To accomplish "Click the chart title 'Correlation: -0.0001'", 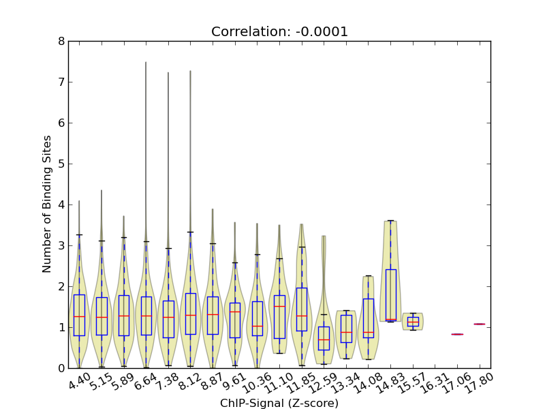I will pos(279,31).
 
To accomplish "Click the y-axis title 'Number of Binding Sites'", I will pos(47,204).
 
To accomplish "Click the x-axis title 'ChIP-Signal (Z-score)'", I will pos(279,403).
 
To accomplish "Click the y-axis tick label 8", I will pos(62,42).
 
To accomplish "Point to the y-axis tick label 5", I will pos(62,164).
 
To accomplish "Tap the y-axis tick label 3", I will pos(62,246).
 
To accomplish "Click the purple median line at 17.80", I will pos(480,324).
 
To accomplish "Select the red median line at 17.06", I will pos(457,334).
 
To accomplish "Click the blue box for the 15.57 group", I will pos(413,322).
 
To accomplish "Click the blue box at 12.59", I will pos(324,338).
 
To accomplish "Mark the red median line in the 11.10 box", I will pos(279,306).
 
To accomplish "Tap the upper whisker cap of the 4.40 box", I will pos(79,234).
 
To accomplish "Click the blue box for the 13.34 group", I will pos(346,328).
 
